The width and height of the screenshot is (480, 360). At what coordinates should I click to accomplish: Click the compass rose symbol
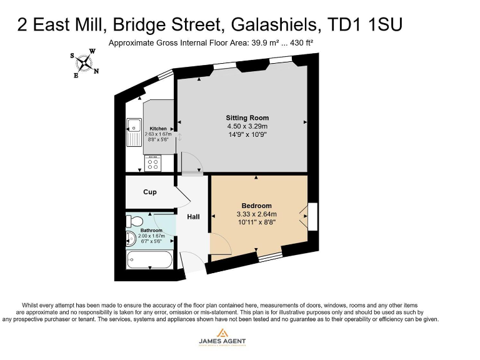pyautogui.click(x=84, y=62)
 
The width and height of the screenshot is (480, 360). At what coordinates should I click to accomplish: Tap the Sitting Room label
pyautogui.click(x=247, y=117)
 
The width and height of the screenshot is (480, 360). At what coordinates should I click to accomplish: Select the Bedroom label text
pyautogui.click(x=256, y=206)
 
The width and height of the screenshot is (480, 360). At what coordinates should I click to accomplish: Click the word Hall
pyautogui.click(x=194, y=217)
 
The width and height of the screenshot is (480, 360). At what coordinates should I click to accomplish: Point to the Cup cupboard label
pyautogui.click(x=150, y=192)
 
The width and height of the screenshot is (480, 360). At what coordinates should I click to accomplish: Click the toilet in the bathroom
pyautogui.click(x=132, y=221)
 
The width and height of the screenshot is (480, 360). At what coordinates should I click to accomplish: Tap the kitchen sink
pyautogui.click(x=134, y=131)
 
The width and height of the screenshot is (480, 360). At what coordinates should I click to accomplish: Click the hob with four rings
pyautogui.click(x=152, y=164)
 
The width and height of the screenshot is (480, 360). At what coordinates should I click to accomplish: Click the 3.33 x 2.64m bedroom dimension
pyautogui.click(x=256, y=214)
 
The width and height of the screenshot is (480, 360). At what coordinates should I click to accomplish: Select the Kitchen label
pyautogui.click(x=158, y=129)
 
